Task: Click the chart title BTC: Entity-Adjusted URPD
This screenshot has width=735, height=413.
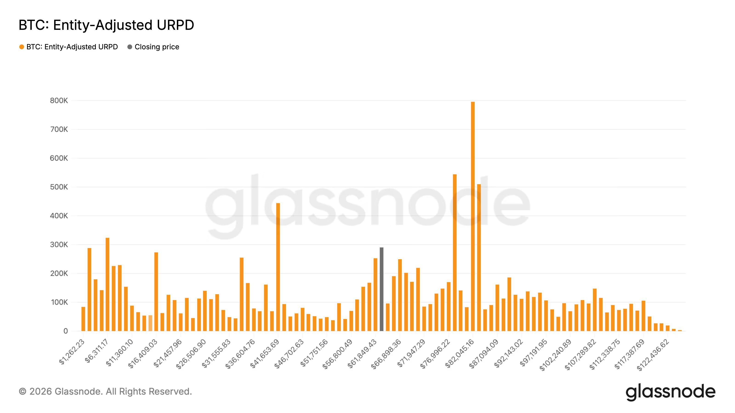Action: point(106,25)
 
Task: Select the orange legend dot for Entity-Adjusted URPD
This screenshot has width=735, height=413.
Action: point(22,47)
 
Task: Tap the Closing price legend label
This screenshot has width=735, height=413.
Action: point(157,47)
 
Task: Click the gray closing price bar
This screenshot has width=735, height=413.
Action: point(382,289)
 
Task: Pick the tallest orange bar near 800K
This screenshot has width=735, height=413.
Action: point(473,216)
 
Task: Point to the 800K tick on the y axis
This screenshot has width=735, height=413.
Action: point(59,101)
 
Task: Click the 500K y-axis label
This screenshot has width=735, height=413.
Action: point(59,187)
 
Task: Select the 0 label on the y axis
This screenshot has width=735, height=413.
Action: point(66,331)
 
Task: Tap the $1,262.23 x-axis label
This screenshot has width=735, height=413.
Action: point(72,352)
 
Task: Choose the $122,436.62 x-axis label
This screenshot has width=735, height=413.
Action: point(653,354)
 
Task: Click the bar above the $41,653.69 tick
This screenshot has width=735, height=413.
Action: point(278,267)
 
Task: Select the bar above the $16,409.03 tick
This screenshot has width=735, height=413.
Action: point(156,292)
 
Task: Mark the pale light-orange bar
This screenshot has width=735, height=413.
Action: point(150,323)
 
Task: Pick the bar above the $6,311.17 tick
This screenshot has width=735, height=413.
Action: point(107,285)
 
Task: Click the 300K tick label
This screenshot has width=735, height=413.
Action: point(59,245)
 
